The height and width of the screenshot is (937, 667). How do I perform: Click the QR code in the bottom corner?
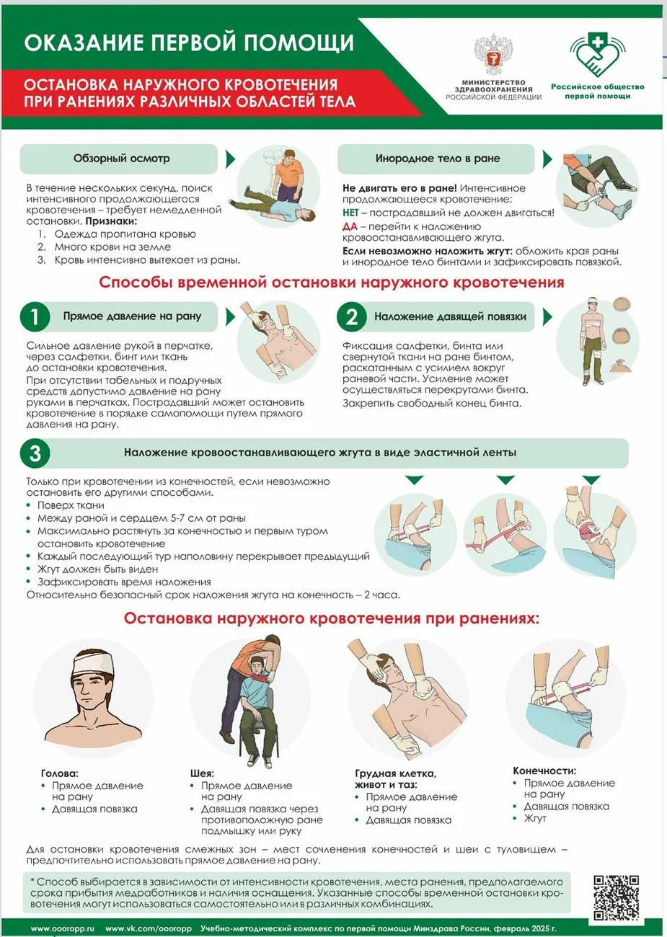click(x=615, y=897)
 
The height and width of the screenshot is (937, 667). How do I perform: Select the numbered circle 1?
click(x=35, y=316)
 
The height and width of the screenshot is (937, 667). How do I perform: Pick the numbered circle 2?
click(x=351, y=316)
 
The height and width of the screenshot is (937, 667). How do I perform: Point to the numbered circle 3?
click(x=35, y=453)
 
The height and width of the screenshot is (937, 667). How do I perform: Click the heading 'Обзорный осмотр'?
click(x=121, y=159)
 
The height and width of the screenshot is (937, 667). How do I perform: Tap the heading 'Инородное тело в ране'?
click(x=437, y=159)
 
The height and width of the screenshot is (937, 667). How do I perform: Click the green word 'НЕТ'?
click(x=350, y=213)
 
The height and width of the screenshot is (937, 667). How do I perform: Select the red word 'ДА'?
click(x=350, y=226)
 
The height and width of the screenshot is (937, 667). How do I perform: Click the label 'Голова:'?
click(x=59, y=773)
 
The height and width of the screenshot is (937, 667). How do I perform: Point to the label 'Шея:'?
click(x=202, y=773)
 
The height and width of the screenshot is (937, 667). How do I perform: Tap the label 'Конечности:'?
click(x=544, y=771)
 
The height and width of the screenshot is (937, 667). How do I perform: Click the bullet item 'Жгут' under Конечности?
click(x=535, y=819)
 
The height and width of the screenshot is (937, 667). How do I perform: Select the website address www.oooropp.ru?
click(x=63, y=928)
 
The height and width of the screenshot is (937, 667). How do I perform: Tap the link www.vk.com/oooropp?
click(x=149, y=928)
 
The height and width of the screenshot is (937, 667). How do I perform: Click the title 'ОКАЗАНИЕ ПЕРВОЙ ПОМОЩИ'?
click(x=189, y=43)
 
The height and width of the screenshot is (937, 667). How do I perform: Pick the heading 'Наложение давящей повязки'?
click(x=450, y=316)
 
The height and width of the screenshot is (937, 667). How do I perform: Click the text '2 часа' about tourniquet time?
click(x=381, y=595)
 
